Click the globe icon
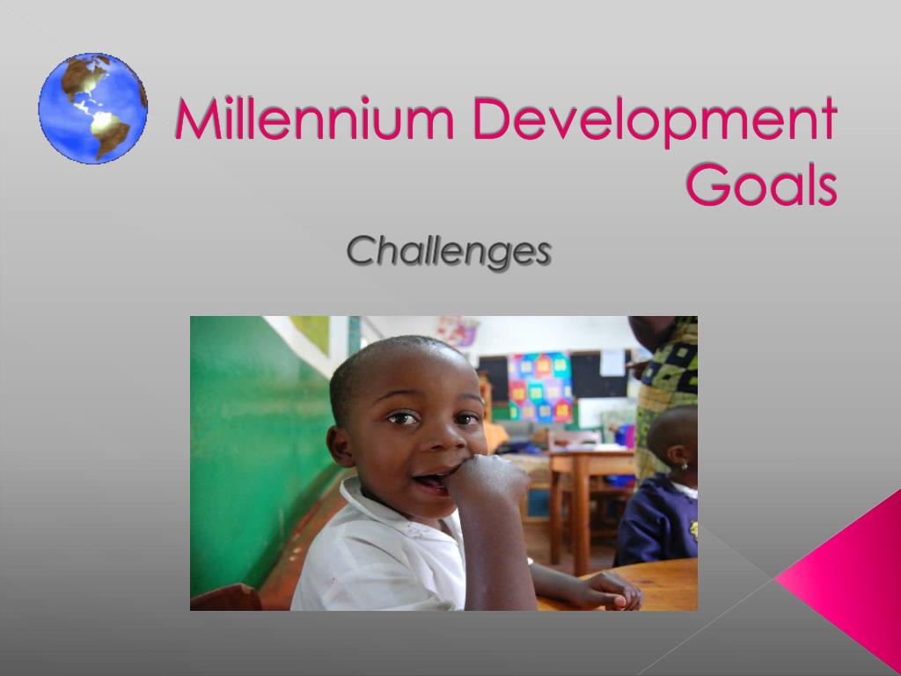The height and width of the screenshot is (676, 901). [92, 108]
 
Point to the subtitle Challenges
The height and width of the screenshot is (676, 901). [449, 252]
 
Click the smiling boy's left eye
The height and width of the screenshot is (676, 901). [465, 420]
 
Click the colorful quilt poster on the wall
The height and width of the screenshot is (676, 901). [539, 387]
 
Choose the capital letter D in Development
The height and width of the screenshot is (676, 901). [489, 121]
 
